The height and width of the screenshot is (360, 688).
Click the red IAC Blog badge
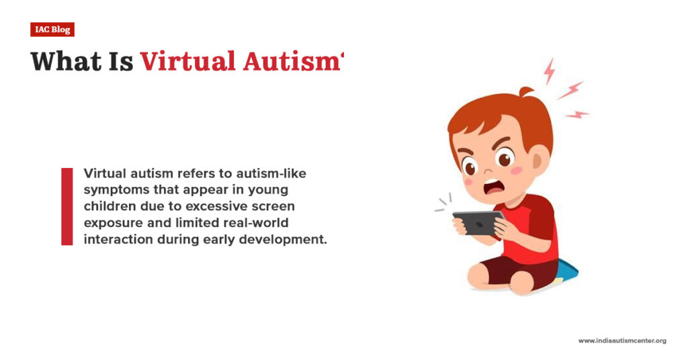[52, 30]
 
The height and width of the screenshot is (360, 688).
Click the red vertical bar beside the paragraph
[67, 206]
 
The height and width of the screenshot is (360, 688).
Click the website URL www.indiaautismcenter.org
[622, 341]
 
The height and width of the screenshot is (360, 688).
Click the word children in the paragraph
[110, 206]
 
